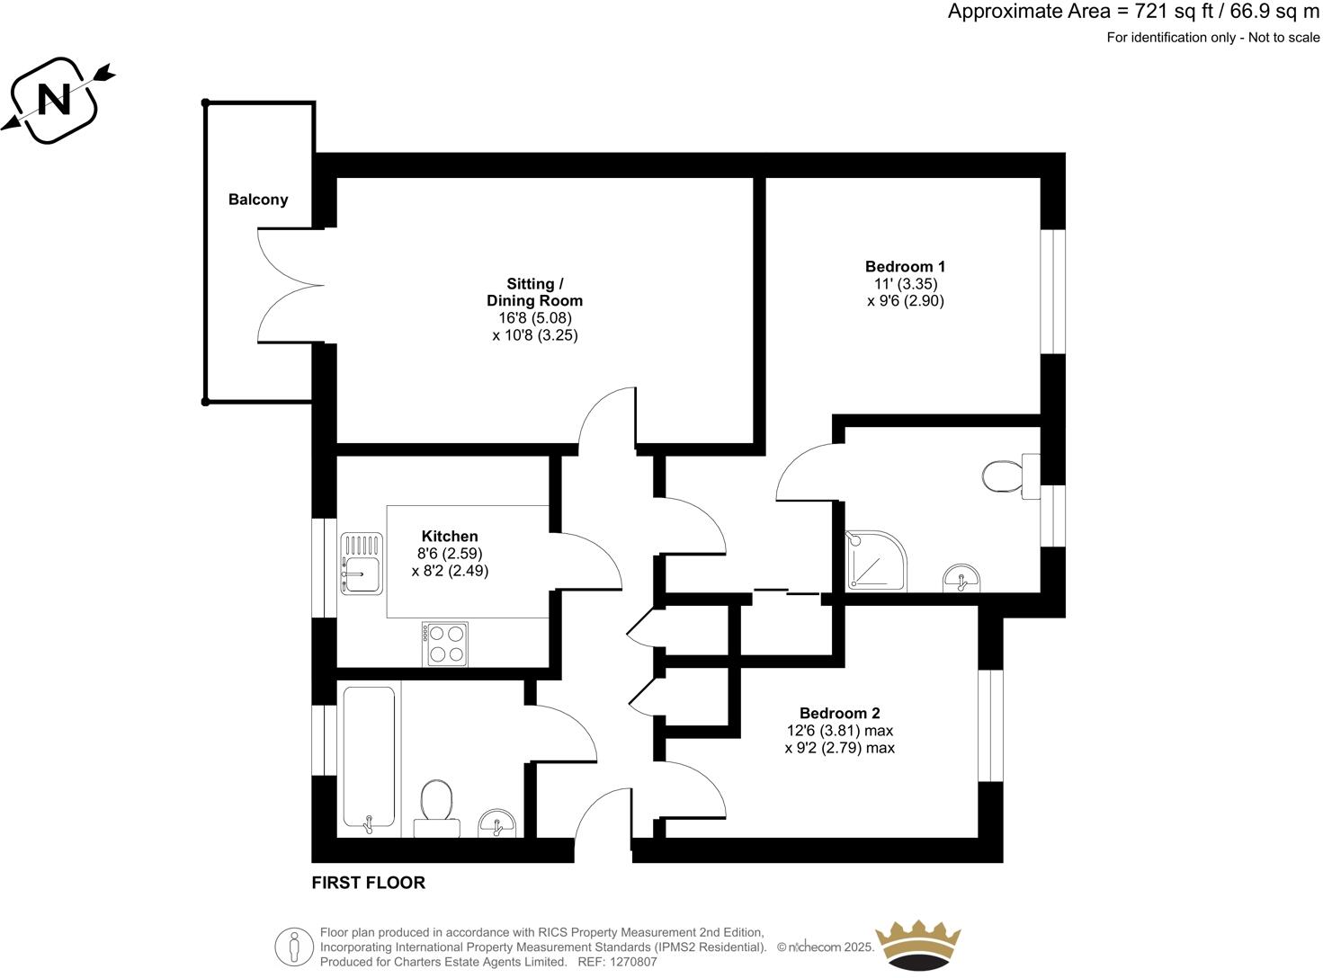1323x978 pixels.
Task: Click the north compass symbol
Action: click(57, 99)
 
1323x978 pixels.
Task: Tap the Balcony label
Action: click(258, 200)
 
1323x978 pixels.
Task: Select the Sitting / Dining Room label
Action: click(534, 292)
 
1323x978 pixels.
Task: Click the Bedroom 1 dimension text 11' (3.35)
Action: click(905, 284)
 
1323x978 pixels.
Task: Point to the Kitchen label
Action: click(450, 537)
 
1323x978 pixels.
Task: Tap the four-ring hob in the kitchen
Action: click(444, 644)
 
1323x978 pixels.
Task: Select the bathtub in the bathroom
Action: click(369, 758)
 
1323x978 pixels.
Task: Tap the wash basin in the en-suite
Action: click(962, 581)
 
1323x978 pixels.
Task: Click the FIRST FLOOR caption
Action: click(368, 883)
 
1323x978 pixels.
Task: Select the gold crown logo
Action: click(919, 946)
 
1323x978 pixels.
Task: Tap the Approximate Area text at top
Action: click(1133, 12)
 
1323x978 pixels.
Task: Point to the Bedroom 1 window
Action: click(1052, 291)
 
